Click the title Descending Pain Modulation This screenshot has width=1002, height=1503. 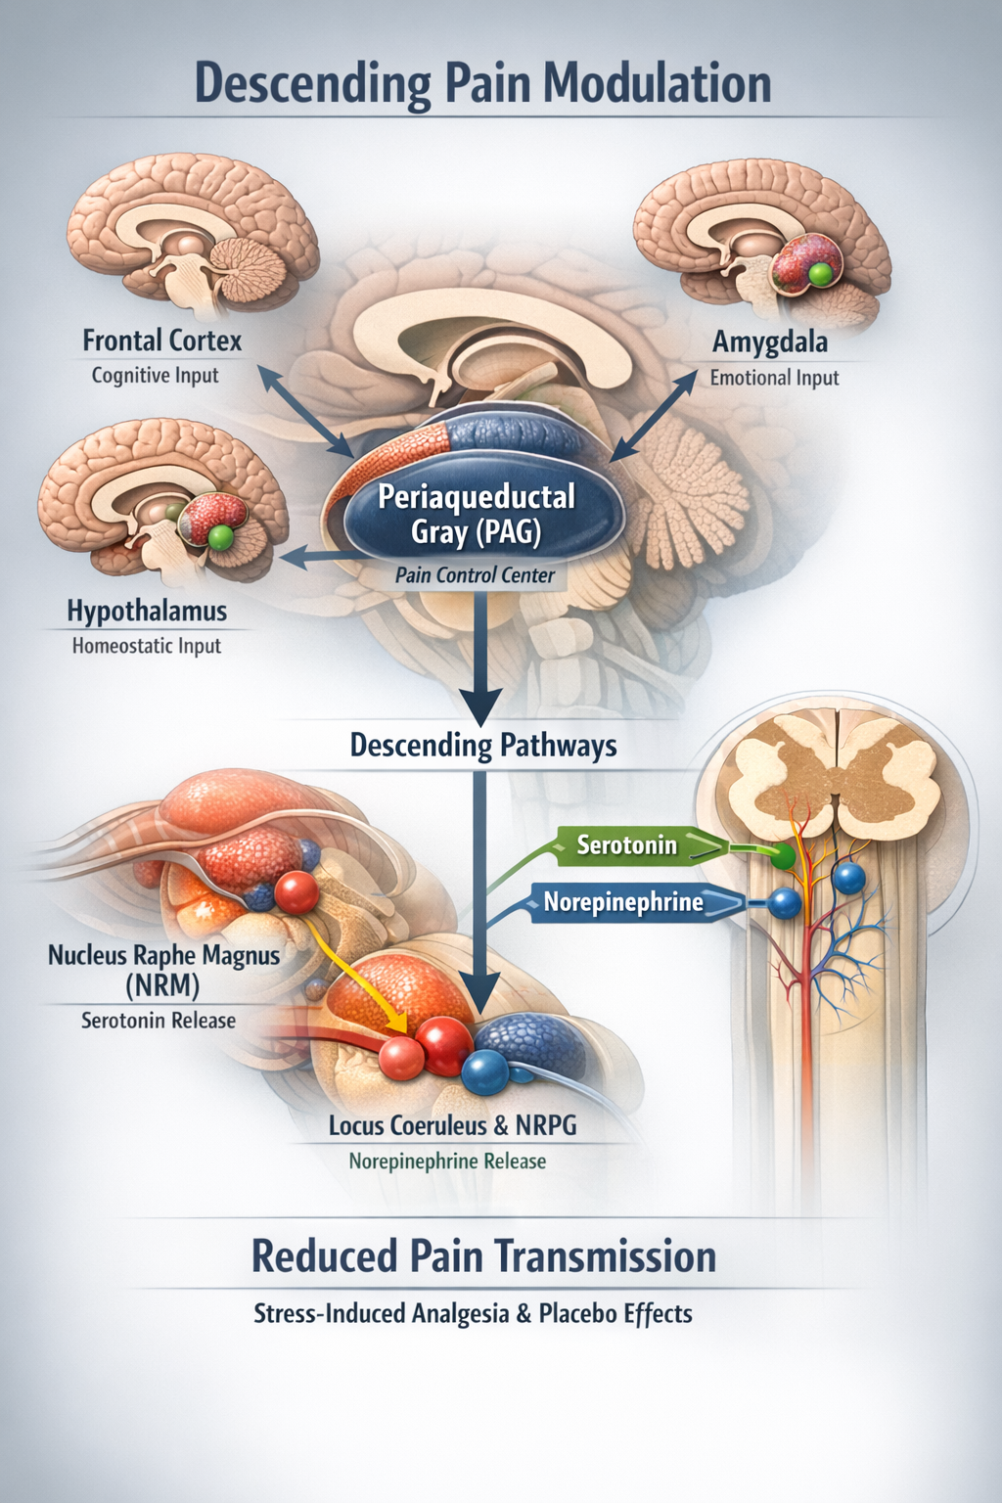coord(483,82)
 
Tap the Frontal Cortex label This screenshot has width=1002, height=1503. coord(161,341)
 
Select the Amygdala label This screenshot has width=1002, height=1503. coord(770,342)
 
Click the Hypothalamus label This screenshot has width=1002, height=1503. coord(147,612)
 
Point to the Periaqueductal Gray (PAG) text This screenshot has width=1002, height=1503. coord(477,514)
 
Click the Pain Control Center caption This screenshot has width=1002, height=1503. coord(475,575)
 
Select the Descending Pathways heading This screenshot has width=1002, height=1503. coord(483,746)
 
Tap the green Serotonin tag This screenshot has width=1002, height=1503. coord(627,844)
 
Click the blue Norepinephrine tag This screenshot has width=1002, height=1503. coord(623,902)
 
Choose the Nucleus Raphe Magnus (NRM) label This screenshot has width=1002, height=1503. coord(163,968)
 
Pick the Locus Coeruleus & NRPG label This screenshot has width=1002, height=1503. coord(452,1125)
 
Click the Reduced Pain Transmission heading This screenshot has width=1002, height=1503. coord(483,1256)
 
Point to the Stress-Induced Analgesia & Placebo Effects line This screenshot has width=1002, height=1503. coord(473,1313)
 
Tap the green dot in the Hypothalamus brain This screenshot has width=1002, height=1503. coord(221,536)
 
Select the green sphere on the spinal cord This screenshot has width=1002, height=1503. coord(782,857)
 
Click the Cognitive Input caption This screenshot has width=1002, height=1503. coord(156,376)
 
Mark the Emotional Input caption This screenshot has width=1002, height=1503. coord(774,378)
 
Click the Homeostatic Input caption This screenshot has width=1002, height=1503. coord(147,646)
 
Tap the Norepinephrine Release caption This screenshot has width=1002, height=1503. coord(447,1161)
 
